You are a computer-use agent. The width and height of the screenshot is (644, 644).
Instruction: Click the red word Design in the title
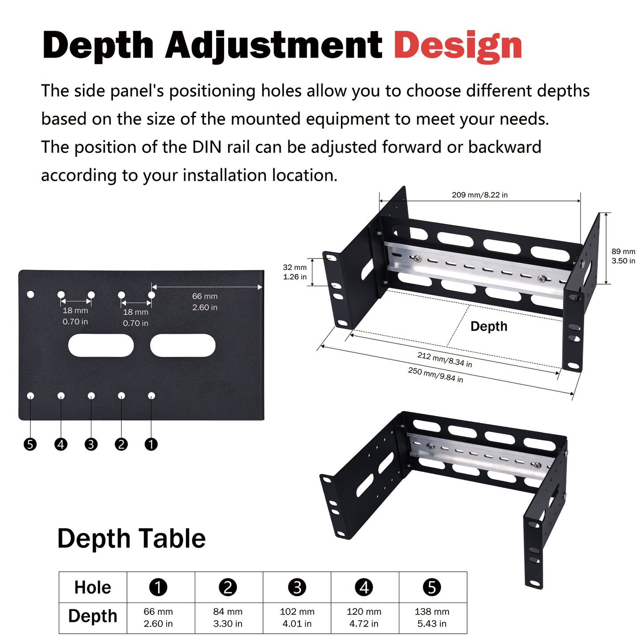(x=458, y=46)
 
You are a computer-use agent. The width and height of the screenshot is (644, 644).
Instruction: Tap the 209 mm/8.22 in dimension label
(x=480, y=195)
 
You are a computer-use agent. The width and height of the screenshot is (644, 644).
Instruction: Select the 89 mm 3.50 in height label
(x=623, y=256)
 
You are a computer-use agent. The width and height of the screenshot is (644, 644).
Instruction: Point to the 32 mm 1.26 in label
(x=295, y=272)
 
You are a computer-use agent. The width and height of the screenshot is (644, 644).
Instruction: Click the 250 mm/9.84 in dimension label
(x=435, y=375)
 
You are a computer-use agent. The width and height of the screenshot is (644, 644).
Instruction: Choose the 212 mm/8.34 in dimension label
(x=444, y=360)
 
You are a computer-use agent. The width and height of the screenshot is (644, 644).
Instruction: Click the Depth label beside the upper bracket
(x=488, y=326)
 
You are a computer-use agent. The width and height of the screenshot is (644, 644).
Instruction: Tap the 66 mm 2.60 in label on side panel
(x=205, y=302)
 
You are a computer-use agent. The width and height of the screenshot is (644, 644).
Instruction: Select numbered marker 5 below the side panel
(x=30, y=444)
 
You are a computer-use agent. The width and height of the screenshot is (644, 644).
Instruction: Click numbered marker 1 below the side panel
(x=151, y=444)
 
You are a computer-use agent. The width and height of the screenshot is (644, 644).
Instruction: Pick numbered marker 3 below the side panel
(x=91, y=444)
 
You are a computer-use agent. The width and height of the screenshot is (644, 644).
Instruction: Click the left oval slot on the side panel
(x=101, y=345)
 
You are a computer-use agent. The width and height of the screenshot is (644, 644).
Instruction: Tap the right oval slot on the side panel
(x=183, y=345)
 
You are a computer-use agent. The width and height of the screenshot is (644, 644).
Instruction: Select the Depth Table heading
(x=131, y=538)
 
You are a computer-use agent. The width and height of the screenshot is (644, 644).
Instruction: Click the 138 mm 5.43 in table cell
(x=432, y=618)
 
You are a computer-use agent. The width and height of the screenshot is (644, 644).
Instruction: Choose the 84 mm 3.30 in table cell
(x=228, y=618)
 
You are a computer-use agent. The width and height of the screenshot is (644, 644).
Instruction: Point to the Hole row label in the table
(x=93, y=587)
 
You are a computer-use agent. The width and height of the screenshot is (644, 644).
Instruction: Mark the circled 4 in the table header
(x=364, y=587)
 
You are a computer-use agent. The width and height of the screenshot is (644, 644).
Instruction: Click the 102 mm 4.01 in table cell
(x=297, y=618)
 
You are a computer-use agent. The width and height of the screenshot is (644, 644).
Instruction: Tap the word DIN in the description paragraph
(x=206, y=147)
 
